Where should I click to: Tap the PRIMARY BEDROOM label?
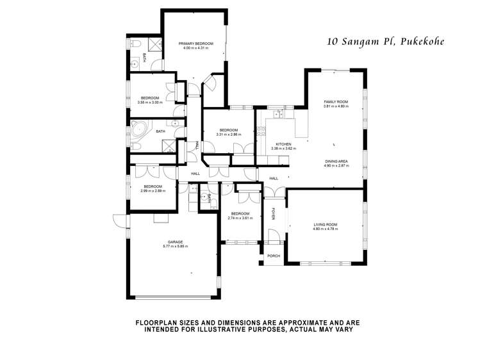[x=195, y=43]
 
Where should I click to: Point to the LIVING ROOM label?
[x=325, y=224]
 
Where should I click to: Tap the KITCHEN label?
[x=283, y=144]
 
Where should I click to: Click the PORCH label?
[x=274, y=255]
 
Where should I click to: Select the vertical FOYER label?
[x=274, y=213]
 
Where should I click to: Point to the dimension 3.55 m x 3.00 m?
[x=150, y=102]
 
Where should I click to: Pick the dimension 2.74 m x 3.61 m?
[x=240, y=218]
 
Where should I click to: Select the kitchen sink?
[x=278, y=115]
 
